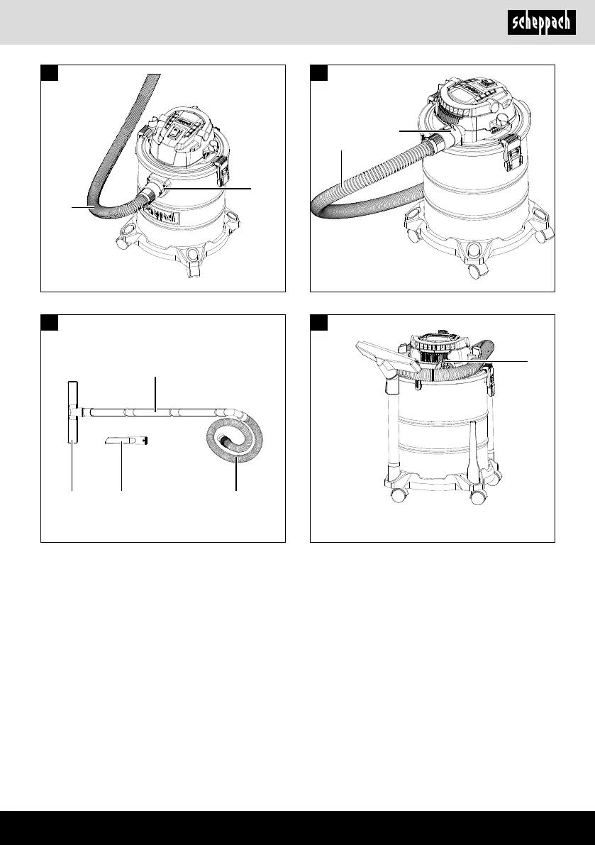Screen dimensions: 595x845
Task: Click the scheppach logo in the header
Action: [x=541, y=23]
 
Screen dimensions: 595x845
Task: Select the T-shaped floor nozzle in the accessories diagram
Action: [x=73, y=412]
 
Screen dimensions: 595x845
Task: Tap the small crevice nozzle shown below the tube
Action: [x=126, y=441]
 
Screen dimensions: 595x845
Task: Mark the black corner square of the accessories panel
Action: [x=50, y=322]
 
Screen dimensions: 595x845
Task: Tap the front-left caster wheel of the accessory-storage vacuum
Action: [x=399, y=495]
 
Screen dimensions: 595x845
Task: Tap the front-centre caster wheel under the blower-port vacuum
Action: [x=474, y=271]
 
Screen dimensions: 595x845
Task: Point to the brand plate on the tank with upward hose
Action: [x=161, y=216]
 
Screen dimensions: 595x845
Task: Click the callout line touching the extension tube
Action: [x=155, y=394]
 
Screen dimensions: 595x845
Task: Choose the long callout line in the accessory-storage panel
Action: [x=484, y=361]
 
